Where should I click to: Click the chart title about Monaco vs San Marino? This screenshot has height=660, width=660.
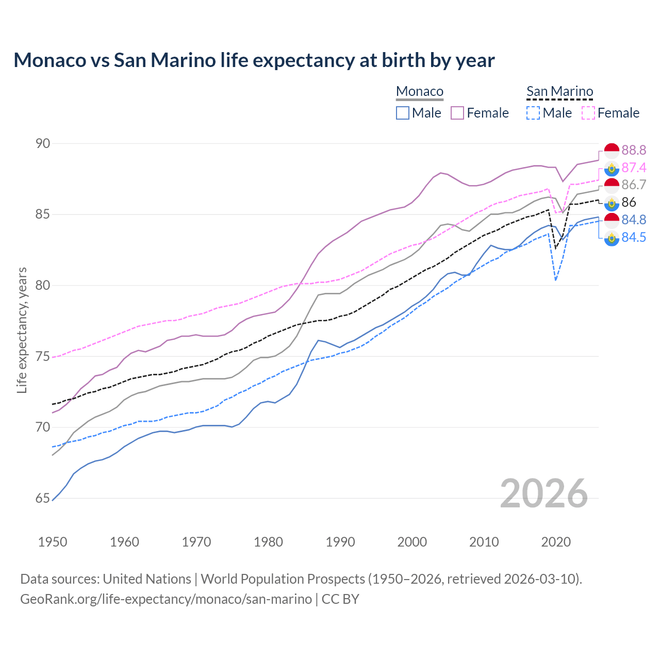[254, 60]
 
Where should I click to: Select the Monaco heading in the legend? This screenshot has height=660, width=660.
[419, 92]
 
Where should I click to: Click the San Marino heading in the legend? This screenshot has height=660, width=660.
[559, 92]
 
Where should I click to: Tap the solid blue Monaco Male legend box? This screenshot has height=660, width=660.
[403, 113]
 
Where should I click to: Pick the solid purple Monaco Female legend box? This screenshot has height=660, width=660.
[457, 113]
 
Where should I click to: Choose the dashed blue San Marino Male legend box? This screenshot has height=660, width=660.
[533, 113]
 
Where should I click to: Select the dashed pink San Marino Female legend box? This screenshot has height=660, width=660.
[588, 113]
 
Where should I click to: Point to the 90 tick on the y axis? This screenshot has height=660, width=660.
[43, 143]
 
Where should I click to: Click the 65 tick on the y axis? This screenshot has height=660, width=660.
[43, 499]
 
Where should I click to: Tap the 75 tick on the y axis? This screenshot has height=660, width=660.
[43, 356]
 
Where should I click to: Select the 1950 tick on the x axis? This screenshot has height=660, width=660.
[53, 542]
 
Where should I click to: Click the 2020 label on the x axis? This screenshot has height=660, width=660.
[556, 542]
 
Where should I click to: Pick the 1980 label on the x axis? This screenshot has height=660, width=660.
[268, 542]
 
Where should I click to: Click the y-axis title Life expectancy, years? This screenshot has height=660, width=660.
[22, 330]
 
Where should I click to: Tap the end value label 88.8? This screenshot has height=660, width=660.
[634, 150]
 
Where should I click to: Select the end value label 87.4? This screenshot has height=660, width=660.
[634, 168]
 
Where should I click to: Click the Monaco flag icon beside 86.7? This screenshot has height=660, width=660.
[612, 185]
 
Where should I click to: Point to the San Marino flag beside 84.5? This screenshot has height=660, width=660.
[612, 238]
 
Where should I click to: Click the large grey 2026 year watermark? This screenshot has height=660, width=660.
[544, 493]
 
